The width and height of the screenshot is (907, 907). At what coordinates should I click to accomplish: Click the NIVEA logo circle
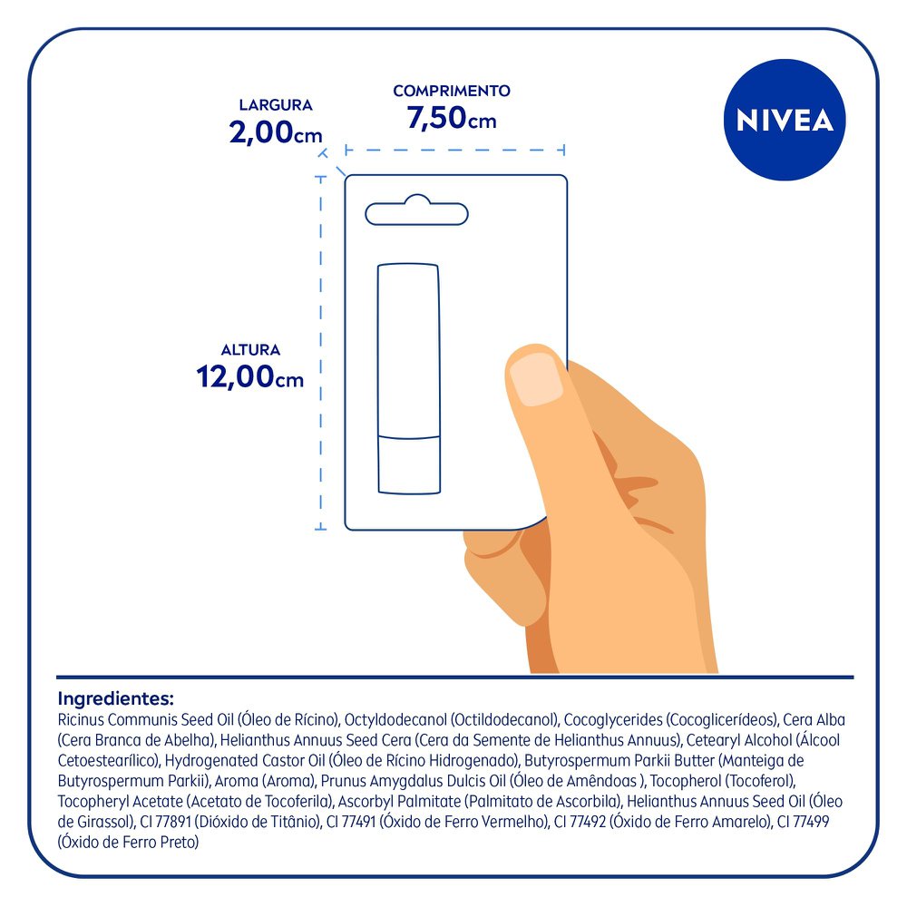click(x=785, y=121)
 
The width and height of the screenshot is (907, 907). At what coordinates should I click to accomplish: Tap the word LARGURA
click(x=276, y=105)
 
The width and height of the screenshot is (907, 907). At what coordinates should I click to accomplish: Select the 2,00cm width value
click(x=276, y=134)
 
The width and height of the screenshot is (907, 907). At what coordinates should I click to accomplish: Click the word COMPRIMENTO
click(x=452, y=91)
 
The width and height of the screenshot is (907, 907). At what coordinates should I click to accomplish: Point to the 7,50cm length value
click(x=452, y=119)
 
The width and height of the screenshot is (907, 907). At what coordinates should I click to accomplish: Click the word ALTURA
click(x=250, y=349)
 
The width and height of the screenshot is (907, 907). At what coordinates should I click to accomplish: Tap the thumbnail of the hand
click(x=535, y=378)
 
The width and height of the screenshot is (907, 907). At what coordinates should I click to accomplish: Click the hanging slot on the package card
click(x=416, y=213)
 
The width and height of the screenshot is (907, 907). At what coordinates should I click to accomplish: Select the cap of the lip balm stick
click(x=408, y=349)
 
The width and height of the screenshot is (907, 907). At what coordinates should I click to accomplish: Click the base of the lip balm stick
click(x=408, y=464)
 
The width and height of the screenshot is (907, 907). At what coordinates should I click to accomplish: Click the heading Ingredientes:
click(x=115, y=699)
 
